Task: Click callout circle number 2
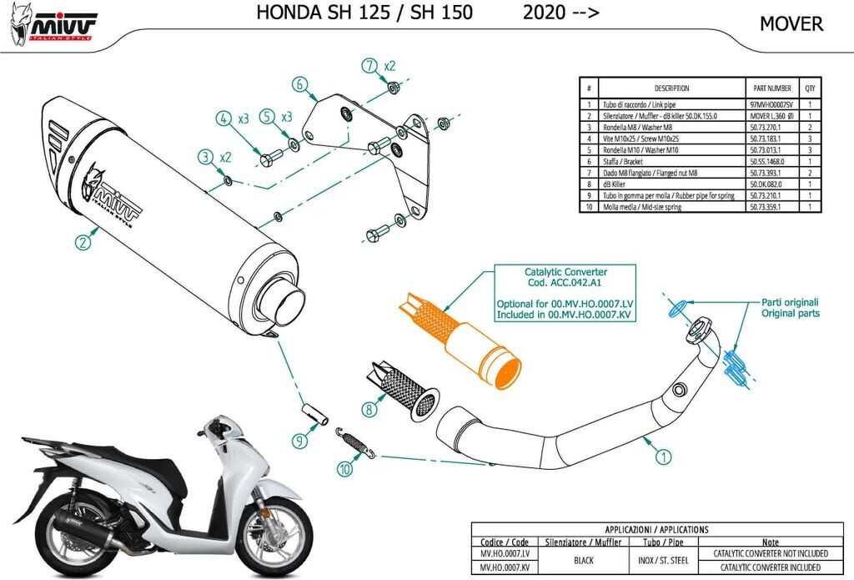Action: (82, 243)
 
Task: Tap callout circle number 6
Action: (300, 83)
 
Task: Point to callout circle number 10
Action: (344, 469)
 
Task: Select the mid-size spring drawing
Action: (356, 442)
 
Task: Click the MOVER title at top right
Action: (791, 24)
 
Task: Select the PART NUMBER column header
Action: (771, 88)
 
